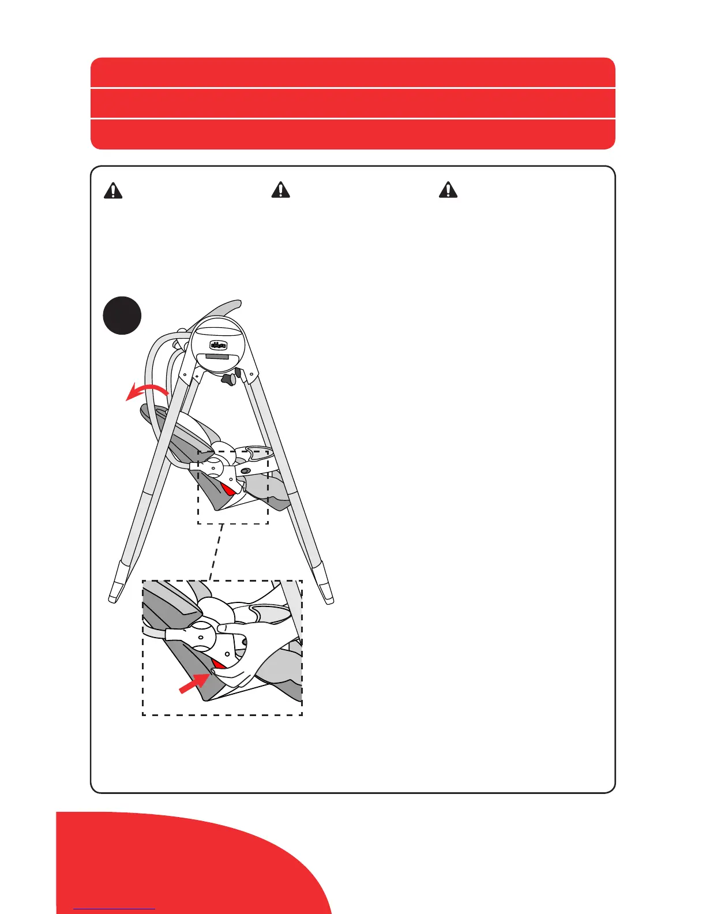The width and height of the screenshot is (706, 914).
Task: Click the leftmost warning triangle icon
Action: [x=113, y=190]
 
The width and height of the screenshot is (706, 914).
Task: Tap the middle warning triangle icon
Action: [x=280, y=190]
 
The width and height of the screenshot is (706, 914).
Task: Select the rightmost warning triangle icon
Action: [x=448, y=190]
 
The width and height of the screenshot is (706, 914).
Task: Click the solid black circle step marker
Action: [x=122, y=316]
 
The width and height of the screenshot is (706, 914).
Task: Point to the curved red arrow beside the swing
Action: [x=147, y=391]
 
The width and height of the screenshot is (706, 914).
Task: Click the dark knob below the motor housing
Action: [x=229, y=379]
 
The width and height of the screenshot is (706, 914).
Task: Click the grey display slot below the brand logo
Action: [x=218, y=357]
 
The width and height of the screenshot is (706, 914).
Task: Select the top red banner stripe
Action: [x=352, y=73]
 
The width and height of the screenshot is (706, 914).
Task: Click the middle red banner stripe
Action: [x=352, y=103]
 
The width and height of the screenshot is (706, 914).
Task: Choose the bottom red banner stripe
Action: [x=352, y=134]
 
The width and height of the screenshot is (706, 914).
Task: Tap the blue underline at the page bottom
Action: [x=114, y=909]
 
